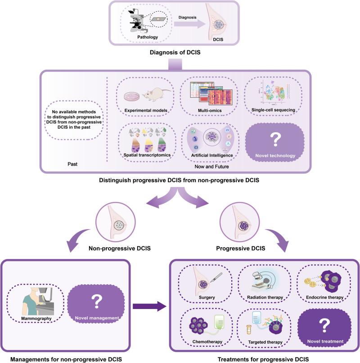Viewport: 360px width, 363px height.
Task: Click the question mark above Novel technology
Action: tap(277, 139)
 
